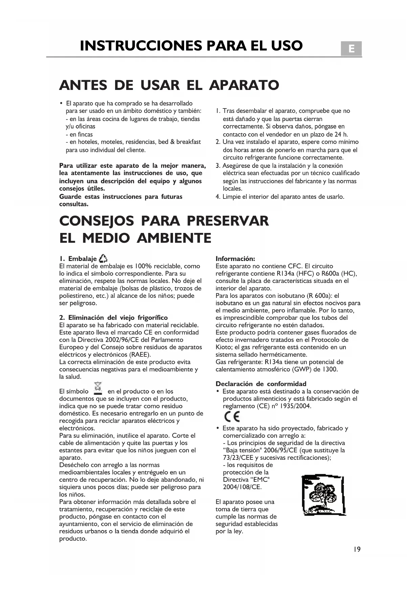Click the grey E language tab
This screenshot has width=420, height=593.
(x=351, y=49)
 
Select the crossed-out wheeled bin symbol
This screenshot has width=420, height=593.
(x=98, y=388)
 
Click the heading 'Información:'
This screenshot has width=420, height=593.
(x=235, y=259)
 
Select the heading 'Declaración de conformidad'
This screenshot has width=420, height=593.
(x=261, y=384)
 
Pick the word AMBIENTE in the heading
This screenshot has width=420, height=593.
(x=174, y=238)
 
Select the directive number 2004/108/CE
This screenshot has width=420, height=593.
(x=242, y=487)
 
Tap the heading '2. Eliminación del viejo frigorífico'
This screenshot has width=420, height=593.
(x=113, y=317)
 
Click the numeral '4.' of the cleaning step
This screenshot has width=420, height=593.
(x=218, y=196)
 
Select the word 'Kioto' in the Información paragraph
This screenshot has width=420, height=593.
(x=223, y=347)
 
